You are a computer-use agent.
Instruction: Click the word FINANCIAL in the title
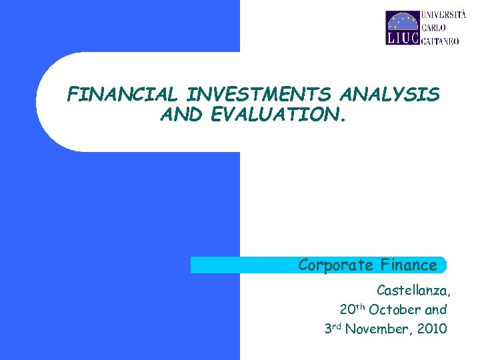pyautogui.click(x=112, y=95)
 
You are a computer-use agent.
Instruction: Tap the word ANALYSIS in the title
pyautogui.click(x=397, y=95)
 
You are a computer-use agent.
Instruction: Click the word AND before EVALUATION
pyautogui.click(x=183, y=116)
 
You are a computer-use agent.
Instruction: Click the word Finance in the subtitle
pyautogui.click(x=409, y=265)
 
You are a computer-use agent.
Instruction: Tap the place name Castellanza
pyautogui.click(x=413, y=291)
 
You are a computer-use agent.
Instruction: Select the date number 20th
pyautogui.click(x=352, y=309)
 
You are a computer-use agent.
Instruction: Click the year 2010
pyautogui.click(x=431, y=329)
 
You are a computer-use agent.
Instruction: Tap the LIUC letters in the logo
pyautogui.click(x=402, y=38)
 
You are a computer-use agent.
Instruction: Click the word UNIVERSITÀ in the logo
pyautogui.click(x=443, y=16)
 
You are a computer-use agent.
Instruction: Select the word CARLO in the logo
pyautogui.click(x=433, y=27)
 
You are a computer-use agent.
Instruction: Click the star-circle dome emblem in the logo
pyautogui.click(x=402, y=21)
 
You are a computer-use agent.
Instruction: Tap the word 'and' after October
pyautogui.click(x=435, y=310)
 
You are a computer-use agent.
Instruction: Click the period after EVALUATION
pyautogui.click(x=344, y=121)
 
